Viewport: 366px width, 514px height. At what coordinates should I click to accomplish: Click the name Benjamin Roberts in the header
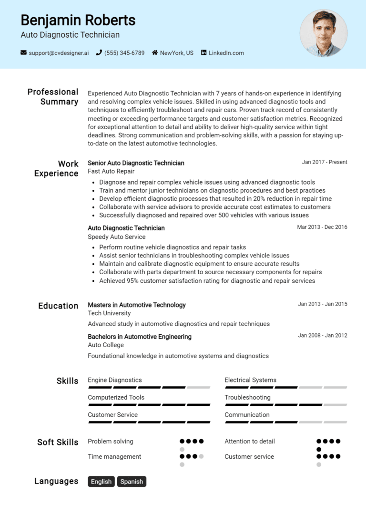tap(78, 20)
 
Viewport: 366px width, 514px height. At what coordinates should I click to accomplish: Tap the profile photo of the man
tap(324, 33)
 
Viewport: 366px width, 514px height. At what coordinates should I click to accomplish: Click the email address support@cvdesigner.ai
tap(59, 53)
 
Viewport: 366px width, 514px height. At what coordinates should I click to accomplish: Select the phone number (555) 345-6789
tap(124, 53)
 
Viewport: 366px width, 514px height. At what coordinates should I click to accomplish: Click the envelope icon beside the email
tap(23, 53)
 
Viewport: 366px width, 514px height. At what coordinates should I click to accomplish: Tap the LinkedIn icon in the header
tap(204, 53)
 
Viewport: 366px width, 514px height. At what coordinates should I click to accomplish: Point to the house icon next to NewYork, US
tap(155, 53)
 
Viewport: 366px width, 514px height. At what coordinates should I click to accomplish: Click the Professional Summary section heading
tap(52, 97)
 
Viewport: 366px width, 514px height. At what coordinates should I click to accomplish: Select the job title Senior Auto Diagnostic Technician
tap(136, 163)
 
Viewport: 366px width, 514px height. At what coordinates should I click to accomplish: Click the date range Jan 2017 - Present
tap(325, 162)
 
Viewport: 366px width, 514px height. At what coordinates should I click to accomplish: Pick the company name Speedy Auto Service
tap(117, 236)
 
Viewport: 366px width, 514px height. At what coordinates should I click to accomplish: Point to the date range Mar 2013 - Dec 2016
tap(322, 227)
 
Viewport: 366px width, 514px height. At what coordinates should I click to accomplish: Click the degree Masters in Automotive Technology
tap(137, 305)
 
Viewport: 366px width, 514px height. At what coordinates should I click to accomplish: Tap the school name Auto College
tap(106, 345)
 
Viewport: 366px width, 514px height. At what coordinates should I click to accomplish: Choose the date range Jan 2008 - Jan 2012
tap(323, 336)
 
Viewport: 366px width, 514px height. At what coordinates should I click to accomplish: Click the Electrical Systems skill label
tap(250, 380)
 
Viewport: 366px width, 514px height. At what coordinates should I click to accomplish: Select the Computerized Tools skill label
tap(116, 397)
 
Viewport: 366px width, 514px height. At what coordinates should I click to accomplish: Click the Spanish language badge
tap(132, 482)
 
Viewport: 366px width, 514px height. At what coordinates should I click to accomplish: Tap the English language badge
tap(101, 482)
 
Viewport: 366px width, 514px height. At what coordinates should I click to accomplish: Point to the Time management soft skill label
tap(114, 456)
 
